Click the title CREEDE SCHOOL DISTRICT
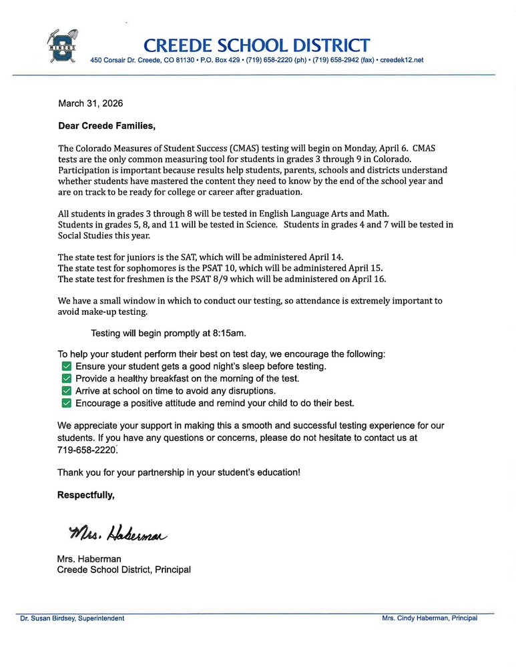coord(256,45)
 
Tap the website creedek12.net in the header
coord(401,60)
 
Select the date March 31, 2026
coord(91,103)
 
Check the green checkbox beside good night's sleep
coord(66,367)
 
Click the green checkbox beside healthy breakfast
coord(66,379)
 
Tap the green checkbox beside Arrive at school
coord(66,391)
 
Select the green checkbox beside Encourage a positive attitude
coord(66,404)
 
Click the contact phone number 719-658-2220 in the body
coord(87,450)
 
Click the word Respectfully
coord(85,495)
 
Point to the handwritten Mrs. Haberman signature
coord(117,533)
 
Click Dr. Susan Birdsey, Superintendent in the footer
coord(72,618)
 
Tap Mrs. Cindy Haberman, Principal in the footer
coord(429,618)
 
